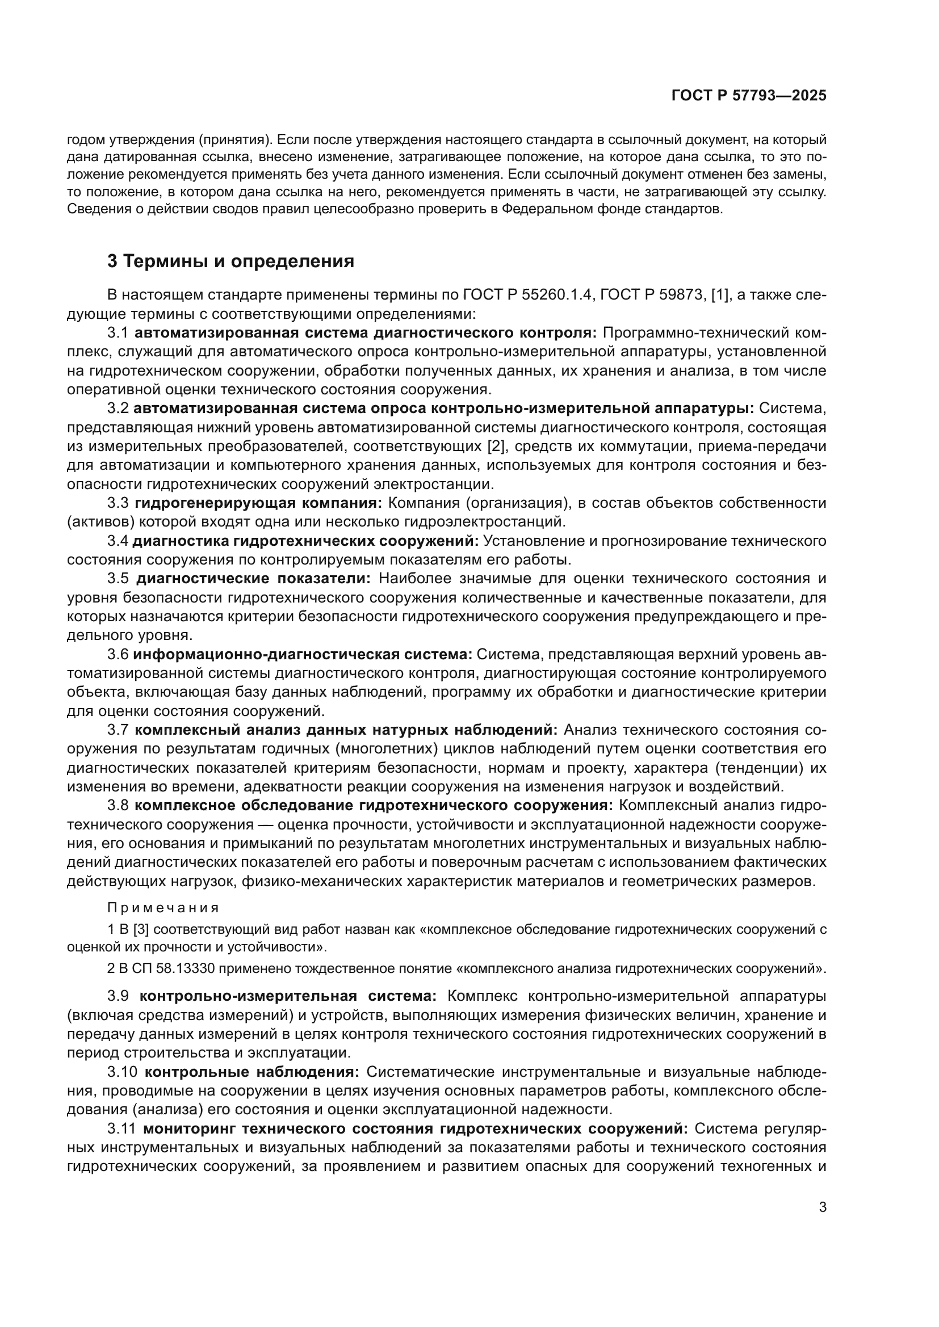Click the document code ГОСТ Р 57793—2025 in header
tap(749, 96)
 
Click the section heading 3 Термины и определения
tap(230, 262)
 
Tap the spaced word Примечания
tap(163, 908)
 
